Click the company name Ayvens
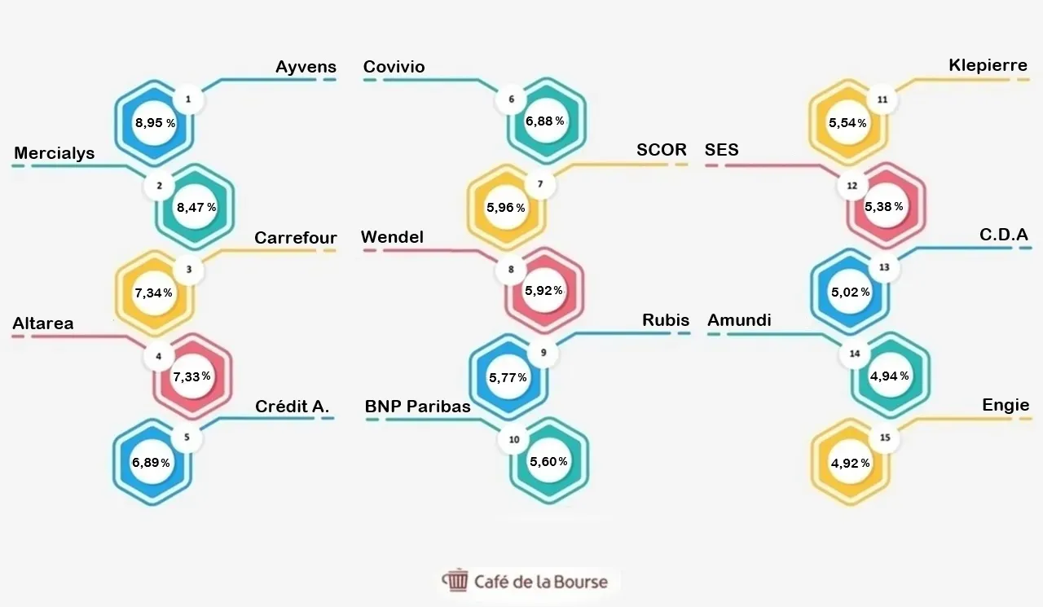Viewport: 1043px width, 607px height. (x=306, y=67)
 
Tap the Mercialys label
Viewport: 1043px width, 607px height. (x=54, y=153)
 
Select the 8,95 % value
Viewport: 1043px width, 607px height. (x=155, y=123)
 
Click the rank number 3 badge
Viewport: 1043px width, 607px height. (x=188, y=269)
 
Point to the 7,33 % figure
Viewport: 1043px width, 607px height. (x=191, y=376)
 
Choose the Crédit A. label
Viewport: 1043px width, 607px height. (x=292, y=407)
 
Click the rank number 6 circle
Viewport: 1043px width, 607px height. (x=511, y=99)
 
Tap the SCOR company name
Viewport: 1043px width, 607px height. (x=661, y=150)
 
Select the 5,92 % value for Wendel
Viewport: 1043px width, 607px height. (x=544, y=291)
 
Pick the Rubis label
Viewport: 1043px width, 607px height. (x=666, y=320)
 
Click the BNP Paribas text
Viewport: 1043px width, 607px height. (x=418, y=407)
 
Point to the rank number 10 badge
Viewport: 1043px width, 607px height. (x=514, y=439)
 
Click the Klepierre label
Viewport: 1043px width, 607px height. (x=988, y=65)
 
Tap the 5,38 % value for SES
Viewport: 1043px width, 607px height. (x=884, y=206)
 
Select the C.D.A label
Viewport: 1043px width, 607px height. (x=1003, y=235)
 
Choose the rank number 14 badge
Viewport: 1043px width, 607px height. (x=855, y=354)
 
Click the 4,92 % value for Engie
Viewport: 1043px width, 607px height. (x=850, y=463)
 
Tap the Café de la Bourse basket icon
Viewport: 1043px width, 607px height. (x=455, y=580)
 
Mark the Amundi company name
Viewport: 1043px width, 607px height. (x=739, y=320)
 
